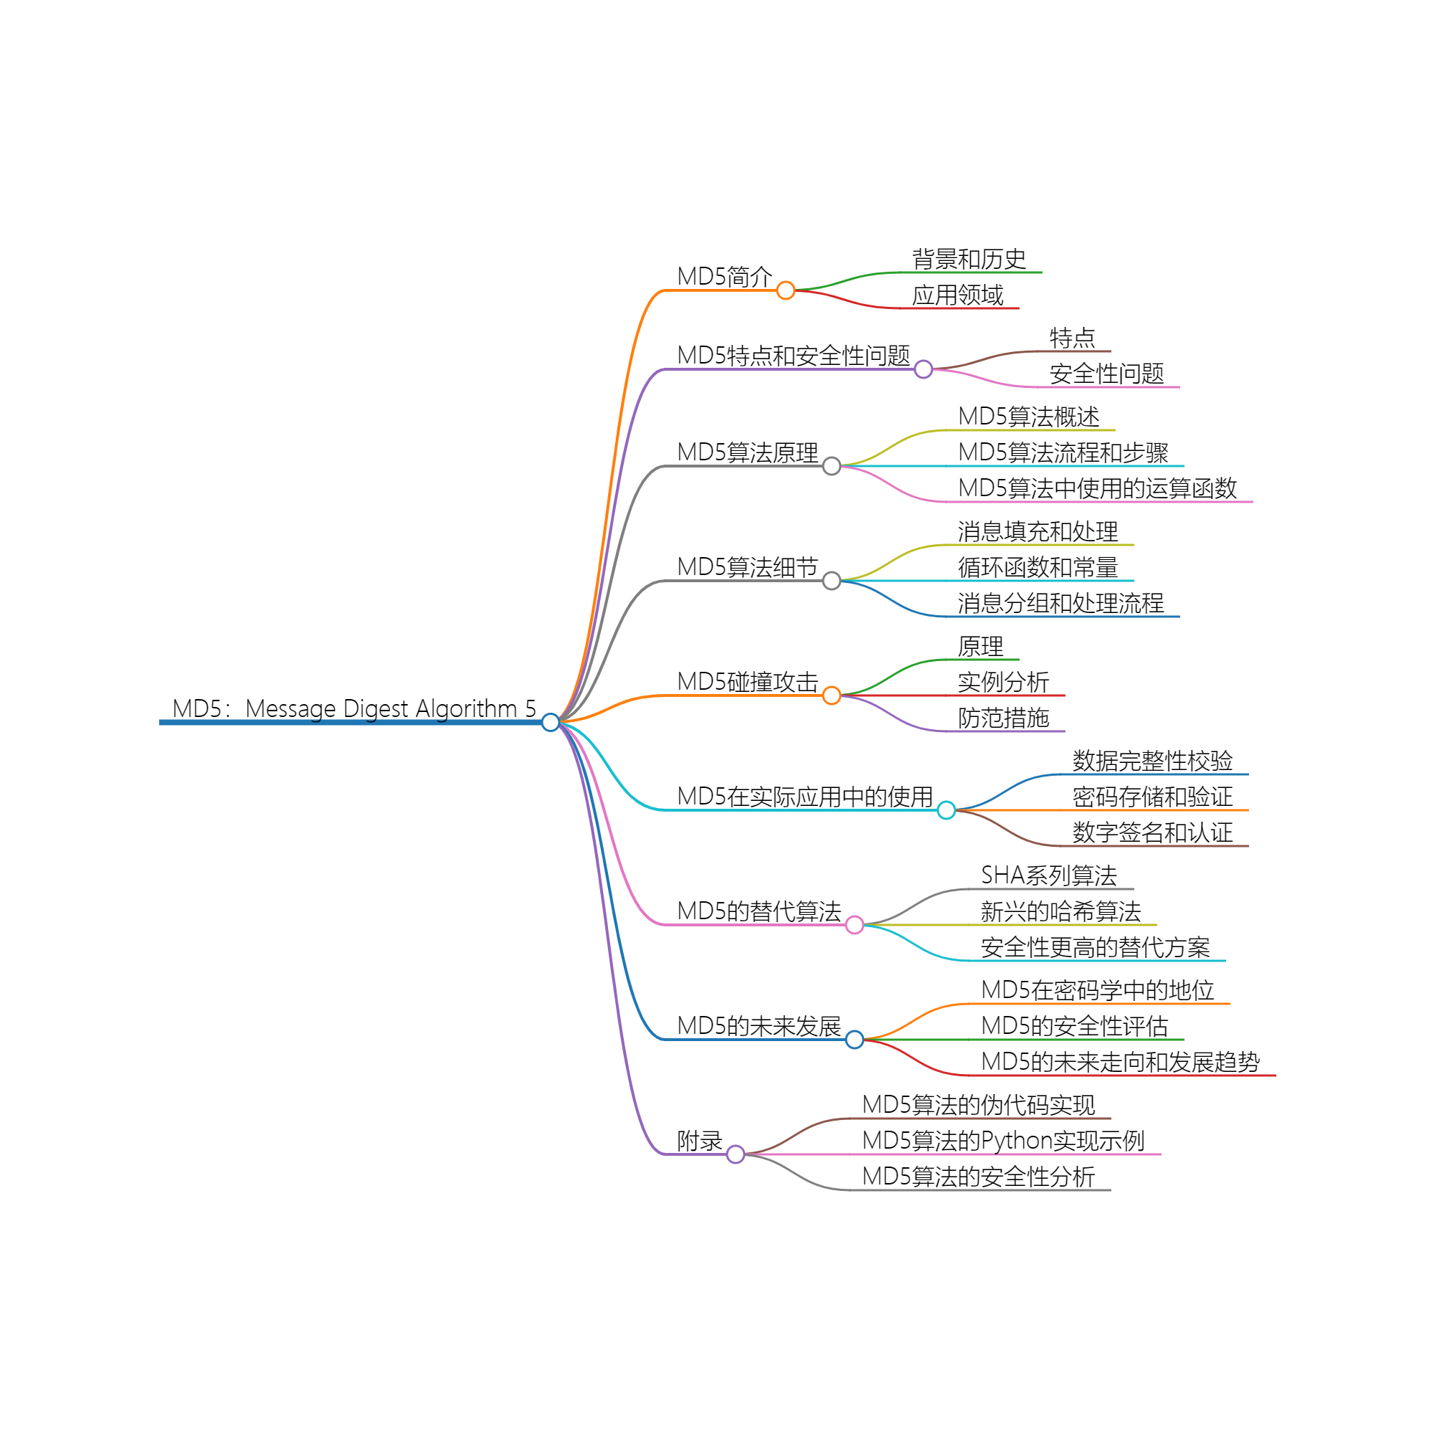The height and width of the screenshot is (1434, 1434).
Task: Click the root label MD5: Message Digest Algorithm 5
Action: pyautogui.click(x=353, y=709)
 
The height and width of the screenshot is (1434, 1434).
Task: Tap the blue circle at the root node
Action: pyautogui.click(x=550, y=722)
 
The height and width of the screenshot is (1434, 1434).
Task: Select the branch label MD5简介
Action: pyautogui.click(x=724, y=276)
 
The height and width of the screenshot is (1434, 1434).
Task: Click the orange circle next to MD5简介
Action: pyautogui.click(x=785, y=290)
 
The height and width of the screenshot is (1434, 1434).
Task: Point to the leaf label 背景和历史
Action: pyautogui.click(x=969, y=259)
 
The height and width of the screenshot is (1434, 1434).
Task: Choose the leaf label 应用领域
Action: pyautogui.click(x=957, y=295)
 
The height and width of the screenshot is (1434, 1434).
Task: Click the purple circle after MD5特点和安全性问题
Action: pyautogui.click(x=923, y=369)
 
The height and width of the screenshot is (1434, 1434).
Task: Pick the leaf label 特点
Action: pyautogui.click(x=1072, y=338)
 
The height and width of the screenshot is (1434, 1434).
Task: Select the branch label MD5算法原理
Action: pyautogui.click(x=747, y=452)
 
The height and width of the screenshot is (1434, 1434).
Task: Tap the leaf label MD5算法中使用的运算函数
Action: pyautogui.click(x=1097, y=488)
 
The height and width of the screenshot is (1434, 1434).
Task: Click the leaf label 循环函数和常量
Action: pyautogui.click(x=1037, y=567)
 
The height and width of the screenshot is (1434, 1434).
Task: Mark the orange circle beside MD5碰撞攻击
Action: pyautogui.click(x=831, y=695)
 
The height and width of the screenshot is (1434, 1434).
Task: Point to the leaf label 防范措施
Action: pyautogui.click(x=1003, y=718)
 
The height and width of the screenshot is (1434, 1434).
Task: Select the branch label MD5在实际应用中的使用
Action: pyautogui.click(x=804, y=797)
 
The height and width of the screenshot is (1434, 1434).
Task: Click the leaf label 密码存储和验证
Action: pyautogui.click(x=1152, y=797)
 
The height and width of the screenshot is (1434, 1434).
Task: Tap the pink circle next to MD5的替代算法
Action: pyautogui.click(x=855, y=925)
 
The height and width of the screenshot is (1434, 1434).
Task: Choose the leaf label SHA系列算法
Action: pyautogui.click(x=1048, y=875)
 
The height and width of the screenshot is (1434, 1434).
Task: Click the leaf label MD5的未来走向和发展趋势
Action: pyautogui.click(x=1120, y=1061)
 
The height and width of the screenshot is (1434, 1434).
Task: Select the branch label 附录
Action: pyautogui.click(x=699, y=1141)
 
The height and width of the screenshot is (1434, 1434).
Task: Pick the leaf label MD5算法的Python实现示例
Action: pyautogui.click(x=1003, y=1141)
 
